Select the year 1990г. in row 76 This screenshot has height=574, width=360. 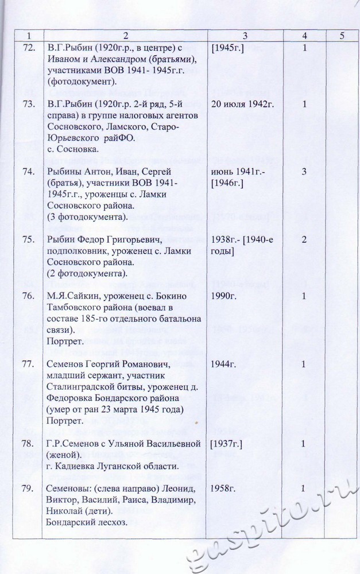point(223,296)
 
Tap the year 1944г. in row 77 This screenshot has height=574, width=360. point(223,364)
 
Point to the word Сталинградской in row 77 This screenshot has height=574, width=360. point(83,386)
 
